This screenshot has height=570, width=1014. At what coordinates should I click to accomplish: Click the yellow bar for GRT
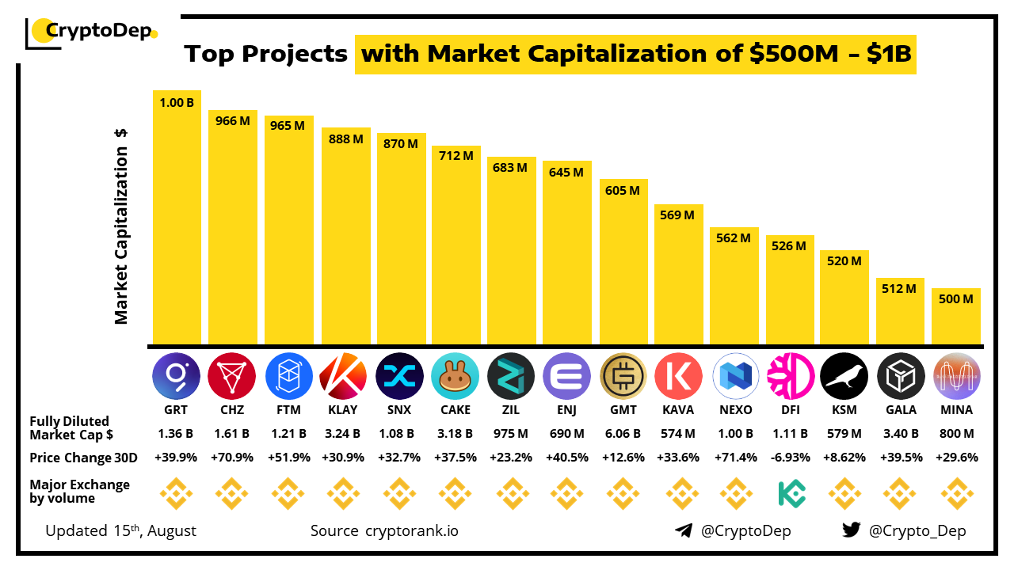point(177,222)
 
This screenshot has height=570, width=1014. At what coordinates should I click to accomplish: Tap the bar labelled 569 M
point(679,277)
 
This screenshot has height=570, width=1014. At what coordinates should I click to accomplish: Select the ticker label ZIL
point(510,410)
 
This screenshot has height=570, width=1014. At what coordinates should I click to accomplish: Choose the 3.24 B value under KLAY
point(344,434)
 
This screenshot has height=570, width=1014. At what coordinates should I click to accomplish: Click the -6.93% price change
point(790,458)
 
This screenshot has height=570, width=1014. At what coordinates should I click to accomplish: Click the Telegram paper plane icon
point(684,530)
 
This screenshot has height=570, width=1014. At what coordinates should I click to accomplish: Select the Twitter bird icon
point(852,530)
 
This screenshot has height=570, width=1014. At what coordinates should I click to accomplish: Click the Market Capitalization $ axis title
point(121,226)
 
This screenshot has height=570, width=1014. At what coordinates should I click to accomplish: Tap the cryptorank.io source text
point(410,530)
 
